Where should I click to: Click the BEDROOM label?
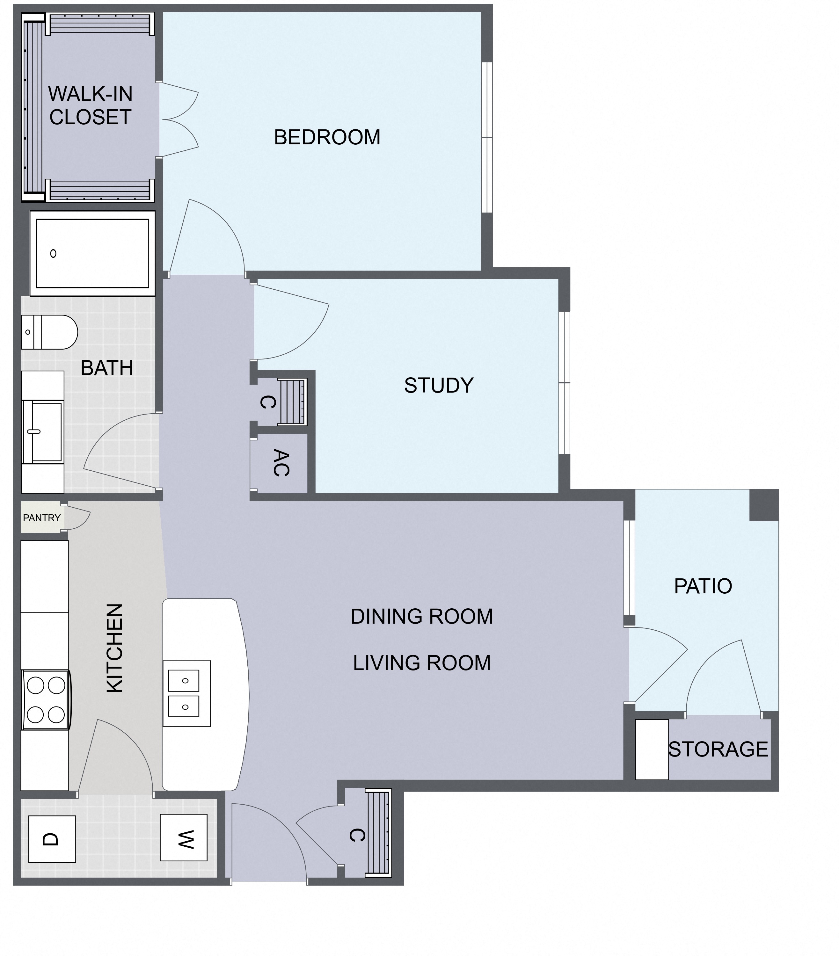pyautogui.click(x=327, y=137)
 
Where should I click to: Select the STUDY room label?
pyautogui.click(x=438, y=385)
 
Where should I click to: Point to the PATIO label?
pyautogui.click(x=703, y=586)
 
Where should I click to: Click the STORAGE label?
pyautogui.click(x=718, y=749)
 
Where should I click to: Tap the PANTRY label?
pyautogui.click(x=42, y=518)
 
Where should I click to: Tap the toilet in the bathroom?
pyautogui.click(x=49, y=332)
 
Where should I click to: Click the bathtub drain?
pyautogui.click(x=53, y=253)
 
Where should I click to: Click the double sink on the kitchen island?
pyautogui.click(x=187, y=694)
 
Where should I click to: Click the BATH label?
pyautogui.click(x=107, y=368)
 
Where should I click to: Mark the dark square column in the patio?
pyautogui.click(x=764, y=505)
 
